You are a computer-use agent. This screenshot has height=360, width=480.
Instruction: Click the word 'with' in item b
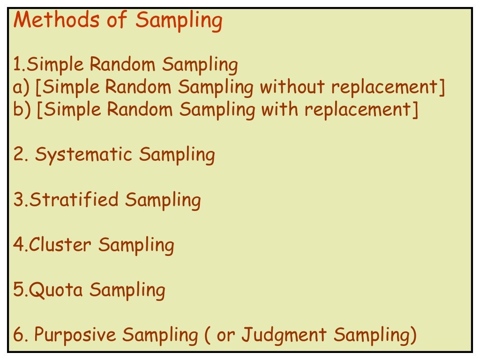279,110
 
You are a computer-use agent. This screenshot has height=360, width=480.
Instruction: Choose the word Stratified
75,200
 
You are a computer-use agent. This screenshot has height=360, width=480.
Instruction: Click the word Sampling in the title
179,21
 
